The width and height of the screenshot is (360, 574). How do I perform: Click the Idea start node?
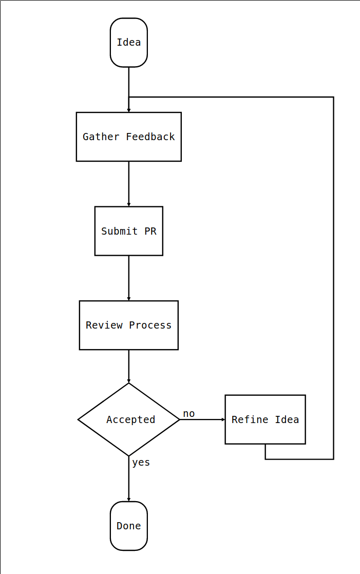(x=128, y=43)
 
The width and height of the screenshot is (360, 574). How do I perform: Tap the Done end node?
(x=128, y=526)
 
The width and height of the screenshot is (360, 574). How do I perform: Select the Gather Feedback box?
(x=128, y=137)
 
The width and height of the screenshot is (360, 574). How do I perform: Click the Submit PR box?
(x=128, y=231)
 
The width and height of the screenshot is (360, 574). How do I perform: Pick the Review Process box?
(x=128, y=325)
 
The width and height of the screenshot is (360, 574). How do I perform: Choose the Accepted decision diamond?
(x=128, y=419)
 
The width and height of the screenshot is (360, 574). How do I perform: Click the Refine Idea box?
(x=265, y=419)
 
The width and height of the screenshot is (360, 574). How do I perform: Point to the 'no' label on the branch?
(x=188, y=414)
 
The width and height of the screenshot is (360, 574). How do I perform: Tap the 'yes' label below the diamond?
(x=141, y=463)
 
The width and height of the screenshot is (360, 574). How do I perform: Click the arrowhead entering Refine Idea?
(x=223, y=419)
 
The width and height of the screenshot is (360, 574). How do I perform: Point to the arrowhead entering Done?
(x=128, y=500)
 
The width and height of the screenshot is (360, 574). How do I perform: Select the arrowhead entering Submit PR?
(x=128, y=204)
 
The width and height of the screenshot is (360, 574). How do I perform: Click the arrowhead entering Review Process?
(x=128, y=299)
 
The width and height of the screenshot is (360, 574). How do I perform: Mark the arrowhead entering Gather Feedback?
(x=128, y=110)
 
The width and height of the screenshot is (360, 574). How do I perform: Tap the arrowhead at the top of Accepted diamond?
(x=128, y=381)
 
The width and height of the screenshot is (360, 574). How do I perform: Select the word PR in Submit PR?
(x=150, y=231)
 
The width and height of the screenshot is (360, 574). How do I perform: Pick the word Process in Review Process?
(x=150, y=325)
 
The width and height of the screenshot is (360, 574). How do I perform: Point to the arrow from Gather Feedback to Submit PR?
(x=128, y=183)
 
